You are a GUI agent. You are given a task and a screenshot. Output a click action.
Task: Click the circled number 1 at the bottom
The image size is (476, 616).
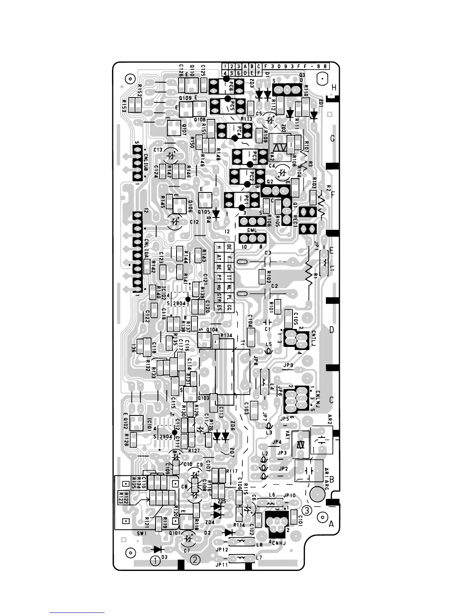click(156, 560)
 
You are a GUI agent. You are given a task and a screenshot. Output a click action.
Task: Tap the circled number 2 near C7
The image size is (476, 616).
click(195, 560)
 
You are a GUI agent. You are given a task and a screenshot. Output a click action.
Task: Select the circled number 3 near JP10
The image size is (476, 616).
click(307, 510)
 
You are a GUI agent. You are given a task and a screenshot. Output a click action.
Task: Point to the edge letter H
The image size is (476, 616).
click(334, 89)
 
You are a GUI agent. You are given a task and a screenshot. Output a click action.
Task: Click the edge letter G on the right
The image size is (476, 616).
click(332, 139)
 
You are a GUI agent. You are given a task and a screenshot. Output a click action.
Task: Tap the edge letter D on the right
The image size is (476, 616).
click(332, 330)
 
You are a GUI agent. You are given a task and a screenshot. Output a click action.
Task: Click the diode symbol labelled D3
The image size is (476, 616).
click(157, 549)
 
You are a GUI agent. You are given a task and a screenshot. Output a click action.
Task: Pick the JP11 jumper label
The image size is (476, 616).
click(222, 565)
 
